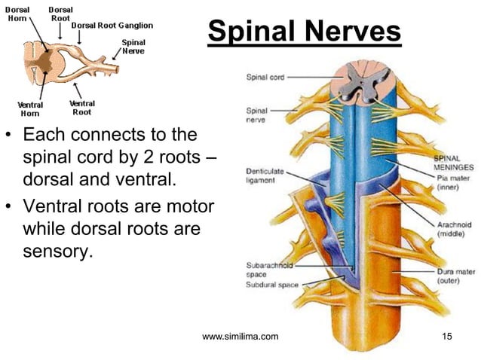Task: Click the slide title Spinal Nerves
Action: [304, 32]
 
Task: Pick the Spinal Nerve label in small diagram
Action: [133, 46]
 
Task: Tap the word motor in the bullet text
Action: [186, 206]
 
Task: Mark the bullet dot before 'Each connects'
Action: [10, 138]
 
